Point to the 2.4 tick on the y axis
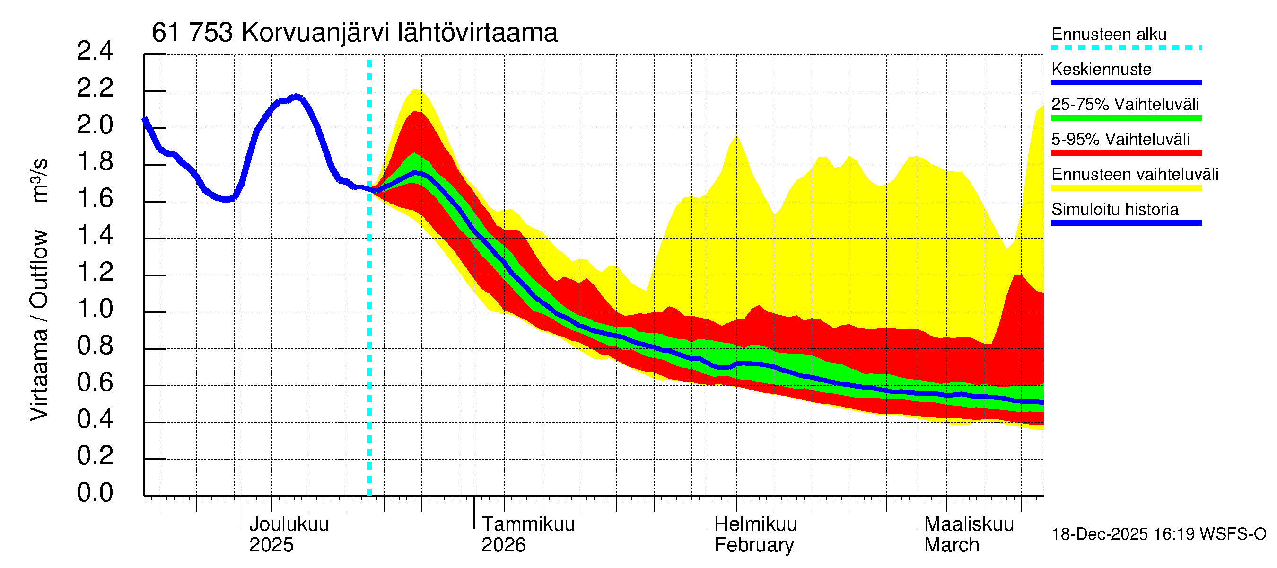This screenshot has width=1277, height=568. pyautogui.click(x=95, y=51)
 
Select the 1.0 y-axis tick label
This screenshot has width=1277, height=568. pyautogui.click(x=95, y=309)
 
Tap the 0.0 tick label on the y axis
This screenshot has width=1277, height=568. pyautogui.click(x=95, y=493)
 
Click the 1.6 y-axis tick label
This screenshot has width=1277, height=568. pyautogui.click(x=95, y=198)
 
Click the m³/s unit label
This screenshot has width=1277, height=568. pyautogui.click(x=39, y=180)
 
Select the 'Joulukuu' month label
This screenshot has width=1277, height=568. pyautogui.click(x=289, y=524)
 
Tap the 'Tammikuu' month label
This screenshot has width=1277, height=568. pyautogui.click(x=527, y=524)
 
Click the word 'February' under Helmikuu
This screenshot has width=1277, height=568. pyautogui.click(x=753, y=545)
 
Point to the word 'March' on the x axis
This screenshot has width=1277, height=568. pyautogui.click(x=951, y=545)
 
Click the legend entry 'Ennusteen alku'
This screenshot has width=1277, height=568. pyautogui.click(x=1109, y=34)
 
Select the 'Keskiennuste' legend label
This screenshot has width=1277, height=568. pyautogui.click(x=1101, y=70)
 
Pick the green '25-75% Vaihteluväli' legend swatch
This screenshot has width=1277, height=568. pyautogui.click(x=1126, y=118)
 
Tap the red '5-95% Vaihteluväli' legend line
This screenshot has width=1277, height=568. pyautogui.click(x=1126, y=153)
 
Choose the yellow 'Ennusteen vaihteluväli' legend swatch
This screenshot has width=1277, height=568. pyautogui.click(x=1126, y=188)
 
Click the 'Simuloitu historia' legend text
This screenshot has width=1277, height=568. pyautogui.click(x=1114, y=209)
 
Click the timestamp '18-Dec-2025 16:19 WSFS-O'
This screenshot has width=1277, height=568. pyautogui.click(x=1158, y=534)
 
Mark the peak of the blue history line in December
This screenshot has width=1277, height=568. pyautogui.click(x=297, y=96)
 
